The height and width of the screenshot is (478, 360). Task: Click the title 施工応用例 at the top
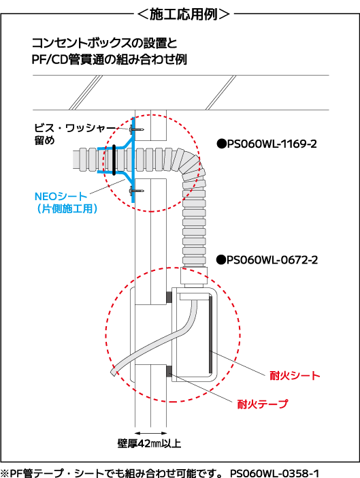click(183, 14)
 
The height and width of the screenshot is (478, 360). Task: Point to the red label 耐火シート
click(295, 375)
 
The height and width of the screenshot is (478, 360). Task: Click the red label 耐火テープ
click(263, 404)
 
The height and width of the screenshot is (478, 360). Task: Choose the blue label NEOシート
click(61, 196)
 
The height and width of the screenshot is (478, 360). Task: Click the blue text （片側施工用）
click(67, 208)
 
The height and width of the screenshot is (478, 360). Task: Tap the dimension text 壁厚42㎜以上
click(149, 443)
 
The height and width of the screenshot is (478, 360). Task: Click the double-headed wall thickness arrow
click(151, 433)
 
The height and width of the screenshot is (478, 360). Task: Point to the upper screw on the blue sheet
click(137, 129)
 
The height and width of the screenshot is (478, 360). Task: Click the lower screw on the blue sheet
click(137, 191)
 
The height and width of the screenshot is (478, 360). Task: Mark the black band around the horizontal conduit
click(114, 160)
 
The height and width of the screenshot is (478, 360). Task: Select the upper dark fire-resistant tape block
click(169, 298)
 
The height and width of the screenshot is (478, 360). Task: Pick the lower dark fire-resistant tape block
click(169, 370)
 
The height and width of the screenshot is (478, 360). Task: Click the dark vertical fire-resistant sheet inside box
click(210, 334)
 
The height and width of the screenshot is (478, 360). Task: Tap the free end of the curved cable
click(113, 372)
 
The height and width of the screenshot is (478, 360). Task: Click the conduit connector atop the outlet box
click(194, 277)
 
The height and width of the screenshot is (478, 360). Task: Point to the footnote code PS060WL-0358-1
click(274, 473)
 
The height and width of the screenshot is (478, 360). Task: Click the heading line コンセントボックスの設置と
click(104, 43)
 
